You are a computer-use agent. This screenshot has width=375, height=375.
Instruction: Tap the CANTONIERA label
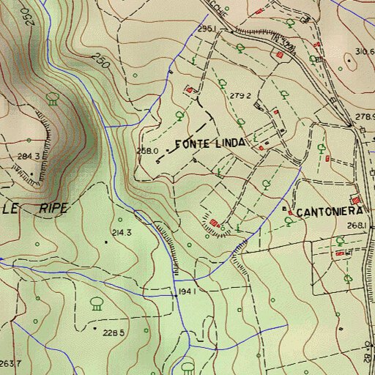(330, 212)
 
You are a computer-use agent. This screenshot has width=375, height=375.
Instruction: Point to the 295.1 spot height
(205, 29)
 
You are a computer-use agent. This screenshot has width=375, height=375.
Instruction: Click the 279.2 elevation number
(240, 96)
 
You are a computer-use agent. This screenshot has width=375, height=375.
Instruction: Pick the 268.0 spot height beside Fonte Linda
(148, 151)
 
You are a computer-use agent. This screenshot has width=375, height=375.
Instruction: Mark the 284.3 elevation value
(29, 157)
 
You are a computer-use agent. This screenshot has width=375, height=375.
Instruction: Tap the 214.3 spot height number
(121, 233)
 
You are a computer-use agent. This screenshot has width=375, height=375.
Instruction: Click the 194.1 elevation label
(187, 292)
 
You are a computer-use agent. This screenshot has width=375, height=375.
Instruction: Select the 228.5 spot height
(111, 333)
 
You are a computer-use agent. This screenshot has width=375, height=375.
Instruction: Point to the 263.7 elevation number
(10, 364)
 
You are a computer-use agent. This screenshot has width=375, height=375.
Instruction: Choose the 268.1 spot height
(356, 226)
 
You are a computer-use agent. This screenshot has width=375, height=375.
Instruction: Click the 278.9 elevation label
(364, 117)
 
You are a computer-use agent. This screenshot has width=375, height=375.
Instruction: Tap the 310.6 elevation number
(365, 51)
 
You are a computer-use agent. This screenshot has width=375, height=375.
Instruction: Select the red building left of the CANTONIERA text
(290, 212)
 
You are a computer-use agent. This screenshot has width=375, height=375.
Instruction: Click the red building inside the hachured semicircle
(214, 223)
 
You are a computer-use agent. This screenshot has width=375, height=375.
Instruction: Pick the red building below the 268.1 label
(339, 253)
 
